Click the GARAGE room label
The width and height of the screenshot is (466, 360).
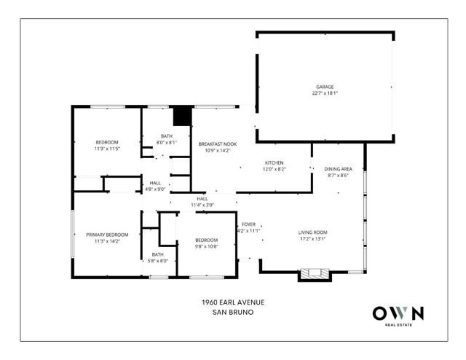325,87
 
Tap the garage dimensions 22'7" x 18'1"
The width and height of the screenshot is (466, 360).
325,93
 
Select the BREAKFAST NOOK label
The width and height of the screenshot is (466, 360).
218,144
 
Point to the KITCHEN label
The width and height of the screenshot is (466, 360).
274,163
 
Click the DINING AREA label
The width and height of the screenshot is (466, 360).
338,169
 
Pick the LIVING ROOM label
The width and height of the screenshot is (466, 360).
312,232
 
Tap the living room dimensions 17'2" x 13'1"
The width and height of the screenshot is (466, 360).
312,238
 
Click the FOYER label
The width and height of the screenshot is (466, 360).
248,224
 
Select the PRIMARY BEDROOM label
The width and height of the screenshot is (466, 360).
107,235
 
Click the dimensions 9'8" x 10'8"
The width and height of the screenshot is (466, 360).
207,246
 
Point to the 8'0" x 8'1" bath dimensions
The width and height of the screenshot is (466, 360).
167,143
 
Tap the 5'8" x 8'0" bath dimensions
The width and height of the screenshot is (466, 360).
158,261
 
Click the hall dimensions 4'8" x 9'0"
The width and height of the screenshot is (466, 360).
155,189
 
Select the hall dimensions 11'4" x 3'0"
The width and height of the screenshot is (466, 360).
202,205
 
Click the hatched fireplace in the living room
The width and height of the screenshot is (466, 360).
315,273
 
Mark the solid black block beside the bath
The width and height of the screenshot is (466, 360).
182,117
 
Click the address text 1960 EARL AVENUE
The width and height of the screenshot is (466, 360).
233,302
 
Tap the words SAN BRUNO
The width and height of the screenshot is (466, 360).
233,313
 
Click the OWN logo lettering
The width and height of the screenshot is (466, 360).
398,313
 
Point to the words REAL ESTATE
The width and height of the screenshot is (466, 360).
398,325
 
